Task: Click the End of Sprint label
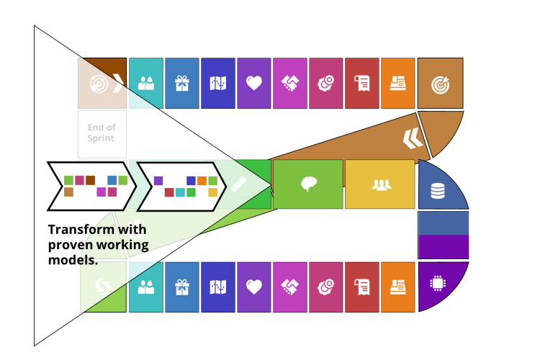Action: [x=102, y=133]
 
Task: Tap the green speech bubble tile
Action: [x=308, y=184]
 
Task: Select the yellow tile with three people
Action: [x=380, y=184]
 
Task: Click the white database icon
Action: [x=437, y=191]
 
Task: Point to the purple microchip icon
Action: [x=436, y=283]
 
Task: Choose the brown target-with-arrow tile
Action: [x=440, y=84]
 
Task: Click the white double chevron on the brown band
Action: [x=413, y=137]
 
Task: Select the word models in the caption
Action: [x=72, y=260]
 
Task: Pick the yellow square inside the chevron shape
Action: [x=213, y=192]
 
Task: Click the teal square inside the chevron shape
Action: [x=180, y=192]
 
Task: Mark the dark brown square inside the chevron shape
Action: [x=90, y=180]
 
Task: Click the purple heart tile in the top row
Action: [x=254, y=84]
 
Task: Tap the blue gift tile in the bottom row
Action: [x=182, y=287]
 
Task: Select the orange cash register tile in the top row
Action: [x=398, y=84]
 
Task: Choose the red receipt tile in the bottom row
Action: [x=362, y=287]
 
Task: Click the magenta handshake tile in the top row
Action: [x=290, y=84]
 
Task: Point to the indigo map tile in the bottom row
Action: [x=218, y=287]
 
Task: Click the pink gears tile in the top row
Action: [x=326, y=84]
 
